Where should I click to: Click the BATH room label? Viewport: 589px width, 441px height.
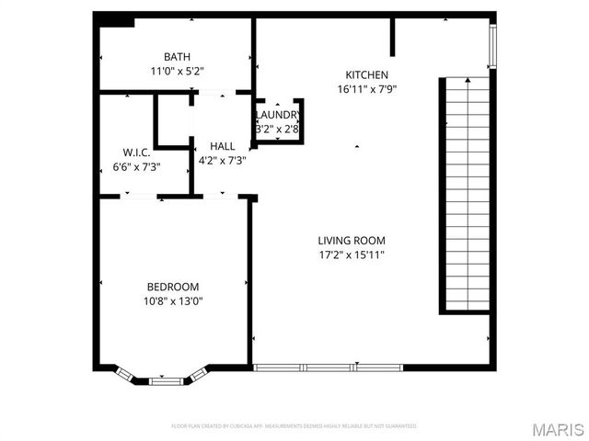click(x=178, y=57)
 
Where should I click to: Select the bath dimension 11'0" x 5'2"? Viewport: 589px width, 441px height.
click(x=178, y=70)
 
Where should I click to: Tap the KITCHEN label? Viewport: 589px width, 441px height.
click(x=366, y=75)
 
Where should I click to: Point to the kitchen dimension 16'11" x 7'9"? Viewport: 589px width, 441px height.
click(x=366, y=89)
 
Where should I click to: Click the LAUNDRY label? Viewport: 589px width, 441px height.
click(x=278, y=115)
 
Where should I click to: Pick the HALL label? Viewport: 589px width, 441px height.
click(x=222, y=146)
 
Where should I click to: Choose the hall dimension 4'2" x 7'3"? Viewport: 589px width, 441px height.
click(x=222, y=160)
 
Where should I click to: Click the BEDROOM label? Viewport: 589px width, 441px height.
click(x=172, y=287)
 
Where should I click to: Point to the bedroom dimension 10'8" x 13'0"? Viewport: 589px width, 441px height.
click(x=172, y=300)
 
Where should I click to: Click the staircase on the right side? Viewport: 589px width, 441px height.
click(x=467, y=193)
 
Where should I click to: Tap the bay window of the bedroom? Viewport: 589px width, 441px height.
click(x=163, y=376)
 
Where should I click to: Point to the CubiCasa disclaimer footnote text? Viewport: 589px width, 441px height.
click(x=294, y=426)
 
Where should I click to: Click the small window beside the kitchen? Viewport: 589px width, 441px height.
click(x=492, y=46)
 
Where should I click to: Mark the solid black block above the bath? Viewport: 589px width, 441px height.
click(x=115, y=20)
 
